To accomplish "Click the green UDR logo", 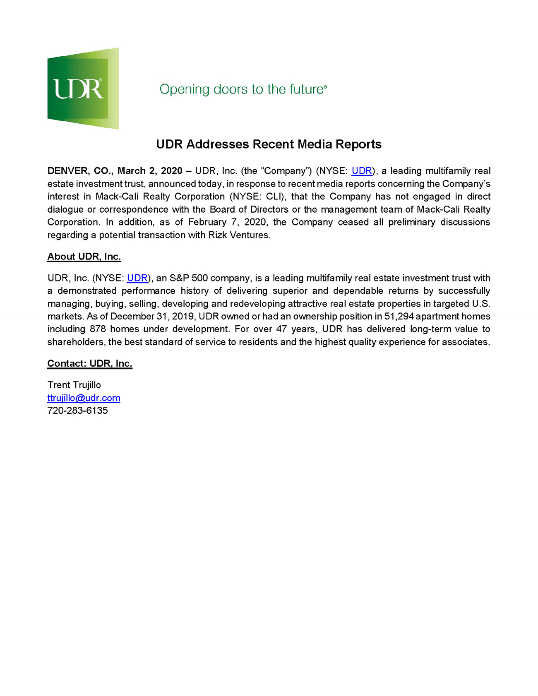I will [x=83, y=88].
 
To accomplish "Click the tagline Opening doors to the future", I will [x=243, y=89].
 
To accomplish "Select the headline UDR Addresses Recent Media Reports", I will [x=269, y=144].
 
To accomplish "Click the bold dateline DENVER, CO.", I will [x=80, y=171].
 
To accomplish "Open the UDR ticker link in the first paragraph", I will [x=362, y=171].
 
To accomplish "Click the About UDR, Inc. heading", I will [x=84, y=257].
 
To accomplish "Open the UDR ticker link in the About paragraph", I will [x=137, y=278].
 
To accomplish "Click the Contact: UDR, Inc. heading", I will [x=90, y=364].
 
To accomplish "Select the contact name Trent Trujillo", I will [x=74, y=385].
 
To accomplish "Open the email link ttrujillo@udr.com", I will [x=84, y=398].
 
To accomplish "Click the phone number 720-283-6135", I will [x=78, y=411].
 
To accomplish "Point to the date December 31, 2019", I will [x=153, y=317].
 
